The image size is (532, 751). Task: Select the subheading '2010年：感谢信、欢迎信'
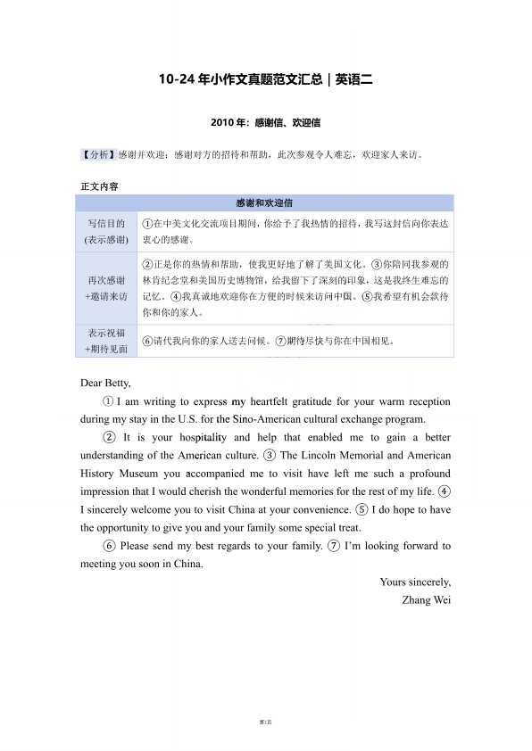266,121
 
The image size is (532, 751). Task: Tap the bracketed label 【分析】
98,154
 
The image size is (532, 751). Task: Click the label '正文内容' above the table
99,186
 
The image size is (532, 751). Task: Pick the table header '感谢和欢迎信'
265,202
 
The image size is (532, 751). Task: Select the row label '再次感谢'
106,280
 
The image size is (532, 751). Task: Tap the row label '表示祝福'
106,333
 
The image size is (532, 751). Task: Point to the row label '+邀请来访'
106,296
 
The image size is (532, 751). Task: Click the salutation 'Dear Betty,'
105,384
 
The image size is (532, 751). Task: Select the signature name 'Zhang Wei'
427,599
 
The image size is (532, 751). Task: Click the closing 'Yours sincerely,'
415,582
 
